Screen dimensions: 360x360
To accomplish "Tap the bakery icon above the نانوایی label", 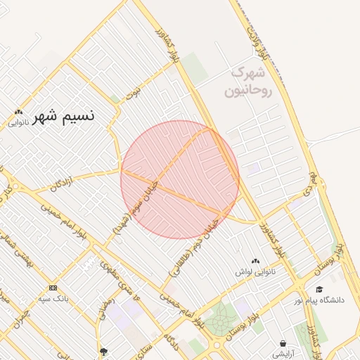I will [x=18, y=112].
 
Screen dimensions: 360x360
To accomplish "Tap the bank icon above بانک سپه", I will [x=53, y=288].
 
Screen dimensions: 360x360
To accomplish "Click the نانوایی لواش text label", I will [x=255, y=271].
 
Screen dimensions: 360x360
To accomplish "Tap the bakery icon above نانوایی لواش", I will [x=255, y=261].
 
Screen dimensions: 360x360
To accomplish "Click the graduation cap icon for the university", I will [x=319, y=289].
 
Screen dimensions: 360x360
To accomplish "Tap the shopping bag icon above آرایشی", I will [x=283, y=345].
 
